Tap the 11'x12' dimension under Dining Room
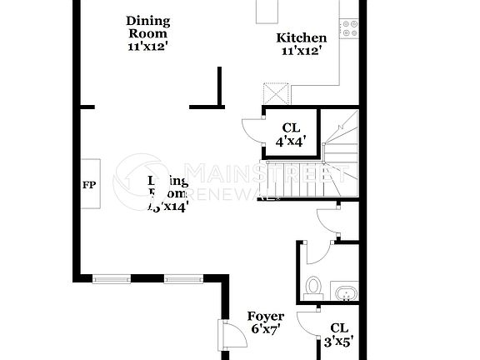click(x=148, y=47)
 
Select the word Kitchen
click(x=302, y=37)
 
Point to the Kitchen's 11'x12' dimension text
click(x=302, y=51)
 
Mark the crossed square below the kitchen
click(x=276, y=92)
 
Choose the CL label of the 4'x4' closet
click(x=290, y=127)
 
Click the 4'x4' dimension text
click(x=290, y=141)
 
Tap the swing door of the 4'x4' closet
click(x=251, y=131)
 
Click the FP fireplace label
click(x=88, y=184)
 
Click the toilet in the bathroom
click(x=313, y=287)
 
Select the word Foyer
click(x=266, y=317)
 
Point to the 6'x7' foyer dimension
click(x=266, y=330)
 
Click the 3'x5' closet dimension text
click(x=339, y=341)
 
